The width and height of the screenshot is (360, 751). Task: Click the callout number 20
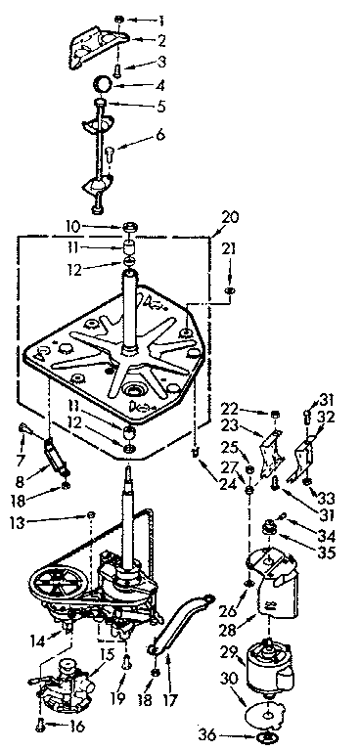pyautogui.click(x=230, y=217)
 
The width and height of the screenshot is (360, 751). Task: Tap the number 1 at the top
pyautogui.click(x=163, y=19)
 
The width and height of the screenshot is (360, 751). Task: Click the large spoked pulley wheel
pyautogui.click(x=60, y=588)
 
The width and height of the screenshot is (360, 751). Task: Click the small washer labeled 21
pyautogui.click(x=228, y=290)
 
